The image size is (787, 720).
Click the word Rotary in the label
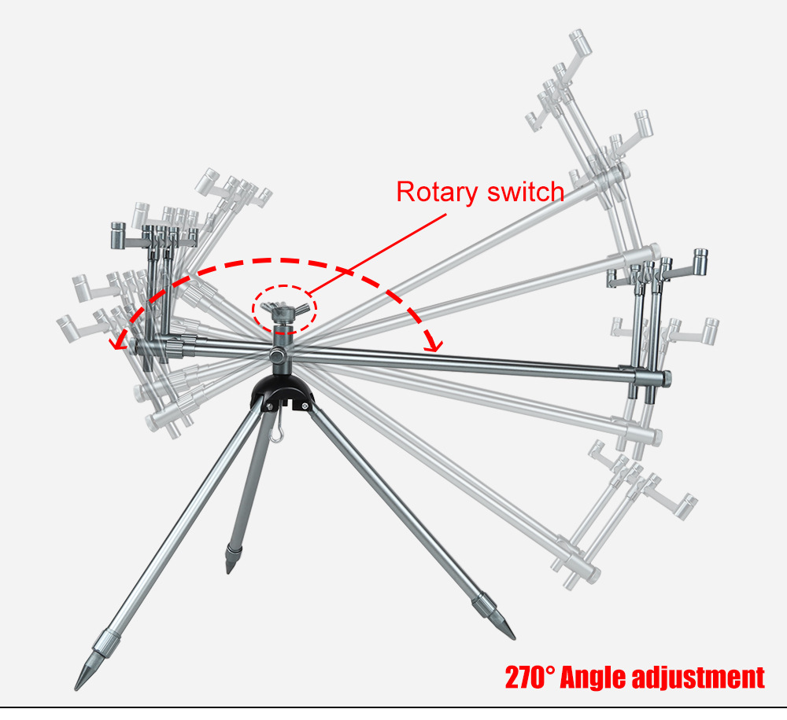437,193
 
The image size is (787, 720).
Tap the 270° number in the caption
530,678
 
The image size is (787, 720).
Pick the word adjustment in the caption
698,678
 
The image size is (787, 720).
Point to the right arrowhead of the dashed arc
434,344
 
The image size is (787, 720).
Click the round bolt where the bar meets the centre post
276,356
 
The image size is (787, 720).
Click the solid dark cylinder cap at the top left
118,236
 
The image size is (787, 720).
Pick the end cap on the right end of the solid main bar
666,378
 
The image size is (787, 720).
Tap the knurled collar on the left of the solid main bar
174,347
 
